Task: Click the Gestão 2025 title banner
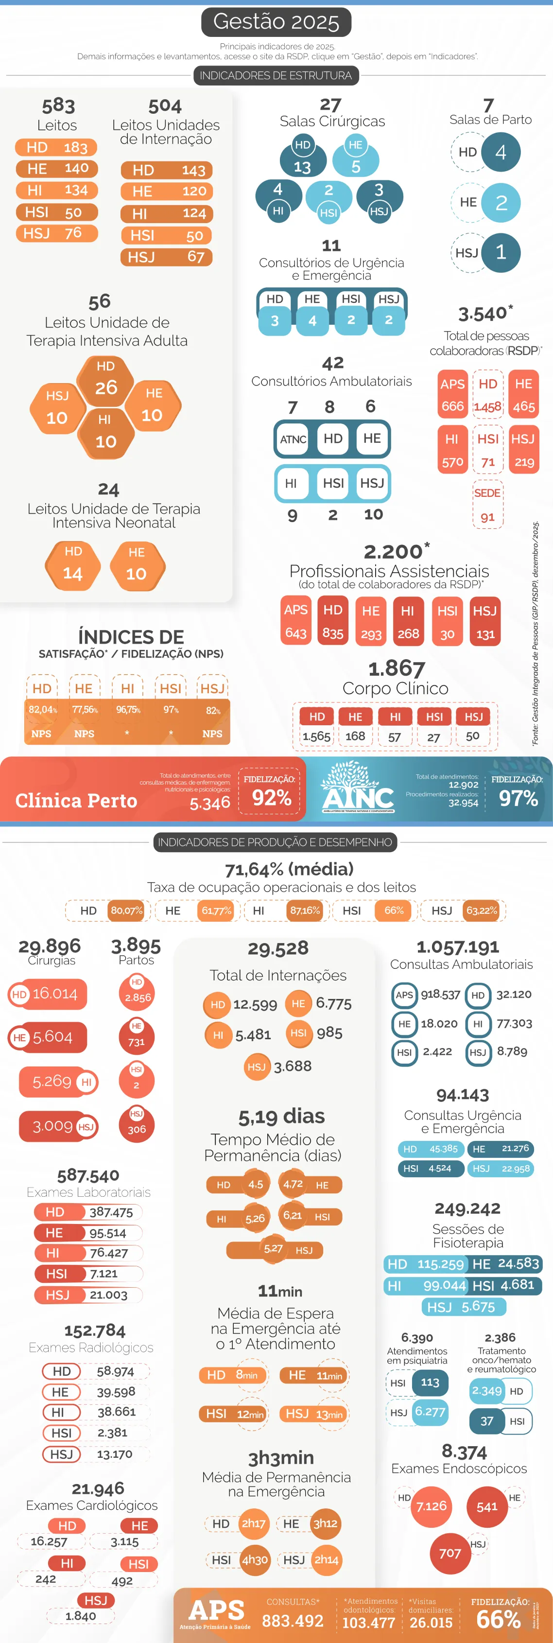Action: tap(276, 22)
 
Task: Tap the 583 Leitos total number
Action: tap(58, 105)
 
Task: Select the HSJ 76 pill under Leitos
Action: tap(56, 233)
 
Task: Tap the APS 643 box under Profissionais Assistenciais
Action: tap(295, 621)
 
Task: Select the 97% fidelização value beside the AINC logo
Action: tap(518, 798)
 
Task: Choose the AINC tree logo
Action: tap(357, 788)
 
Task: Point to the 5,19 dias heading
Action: tap(281, 1116)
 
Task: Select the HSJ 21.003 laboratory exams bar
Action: tap(88, 1295)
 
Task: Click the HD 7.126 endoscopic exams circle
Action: tap(431, 1506)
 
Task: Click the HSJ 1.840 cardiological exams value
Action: tap(80, 1616)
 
